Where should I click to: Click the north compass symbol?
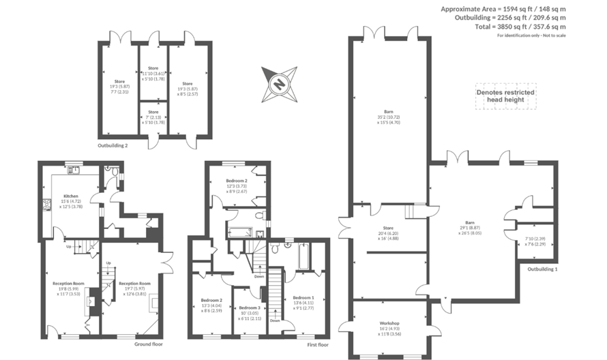(x=278, y=82)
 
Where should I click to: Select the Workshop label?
(x=389, y=322)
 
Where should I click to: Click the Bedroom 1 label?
(x=303, y=298)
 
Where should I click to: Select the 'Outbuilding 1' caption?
(x=542, y=269)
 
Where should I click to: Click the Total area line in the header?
(x=520, y=27)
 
